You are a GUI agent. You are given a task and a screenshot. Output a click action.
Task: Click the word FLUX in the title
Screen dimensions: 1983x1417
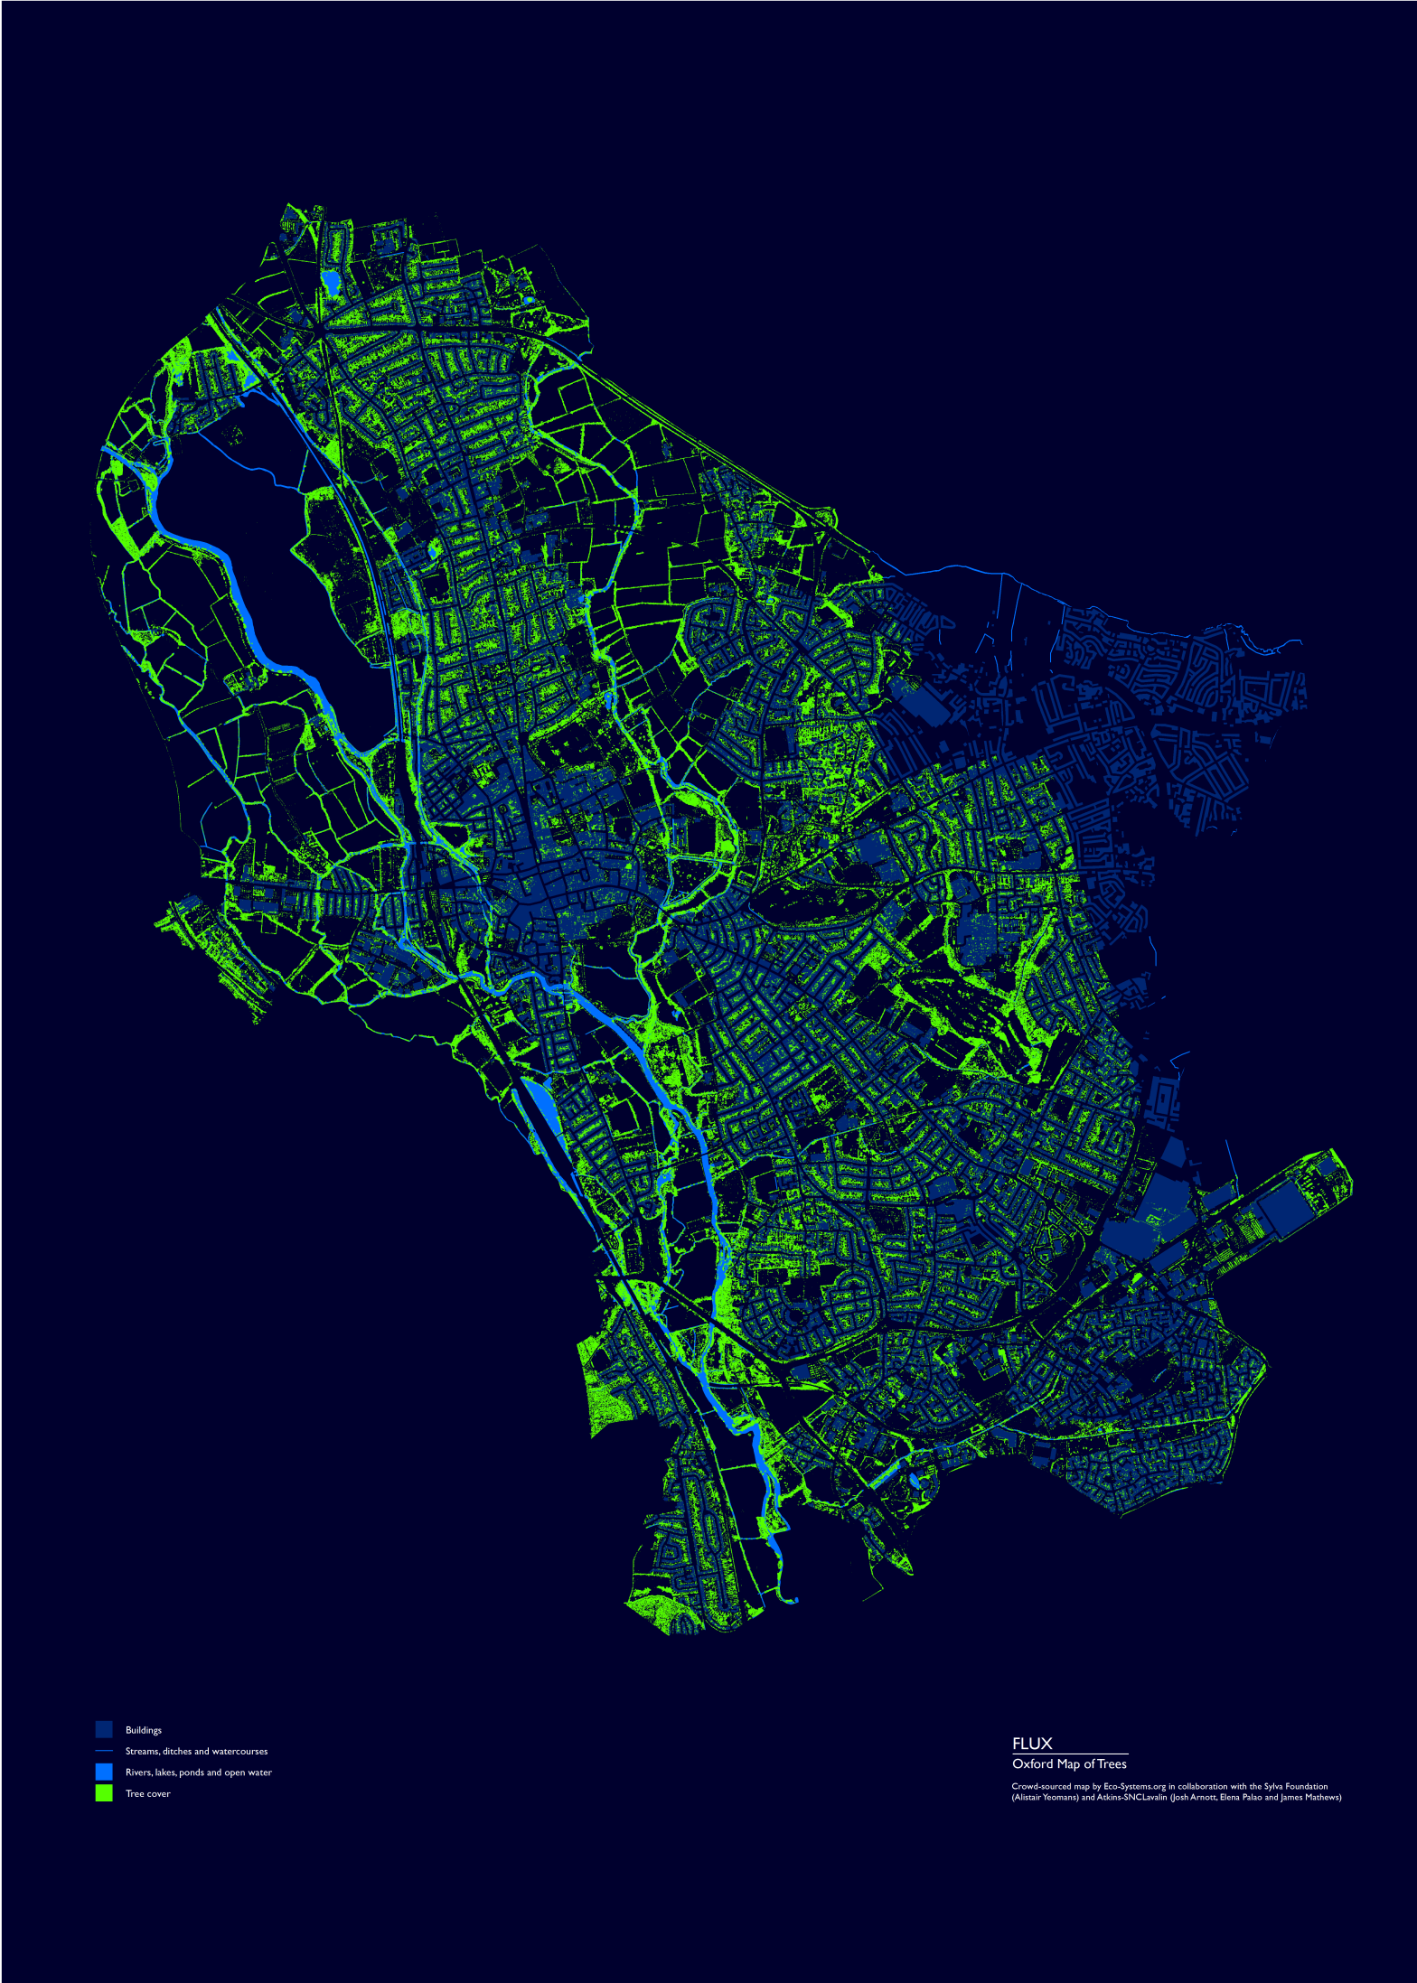pos(1032,1744)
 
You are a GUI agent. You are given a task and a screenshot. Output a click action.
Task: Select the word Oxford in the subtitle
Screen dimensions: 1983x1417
pos(1033,1763)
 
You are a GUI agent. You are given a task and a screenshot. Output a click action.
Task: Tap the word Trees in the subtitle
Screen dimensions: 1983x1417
pos(1112,1763)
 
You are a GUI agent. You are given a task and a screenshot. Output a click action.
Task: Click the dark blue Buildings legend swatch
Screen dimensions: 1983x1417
pos(104,1729)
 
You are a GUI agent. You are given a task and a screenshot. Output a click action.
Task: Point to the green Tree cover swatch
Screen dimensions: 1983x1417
pos(104,1793)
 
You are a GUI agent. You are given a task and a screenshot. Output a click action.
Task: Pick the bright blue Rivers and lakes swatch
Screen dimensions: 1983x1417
pos(104,1772)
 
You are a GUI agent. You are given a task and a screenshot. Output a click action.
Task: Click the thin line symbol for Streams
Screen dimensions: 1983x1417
pos(104,1751)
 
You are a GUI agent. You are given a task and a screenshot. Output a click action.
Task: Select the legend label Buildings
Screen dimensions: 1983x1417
pos(144,1730)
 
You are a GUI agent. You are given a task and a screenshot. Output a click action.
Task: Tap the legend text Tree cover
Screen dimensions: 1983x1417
pos(147,1793)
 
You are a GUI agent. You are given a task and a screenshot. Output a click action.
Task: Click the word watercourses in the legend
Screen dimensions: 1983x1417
pos(239,1751)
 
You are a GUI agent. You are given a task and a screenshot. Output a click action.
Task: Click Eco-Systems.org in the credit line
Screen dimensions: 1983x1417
pos(1134,1786)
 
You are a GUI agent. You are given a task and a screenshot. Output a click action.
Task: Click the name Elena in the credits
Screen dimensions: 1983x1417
pos(1231,1797)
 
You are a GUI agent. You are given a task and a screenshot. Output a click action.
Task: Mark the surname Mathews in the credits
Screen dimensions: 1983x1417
pos(1321,1797)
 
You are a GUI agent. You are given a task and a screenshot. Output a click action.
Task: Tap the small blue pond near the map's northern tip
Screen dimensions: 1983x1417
pos(331,282)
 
